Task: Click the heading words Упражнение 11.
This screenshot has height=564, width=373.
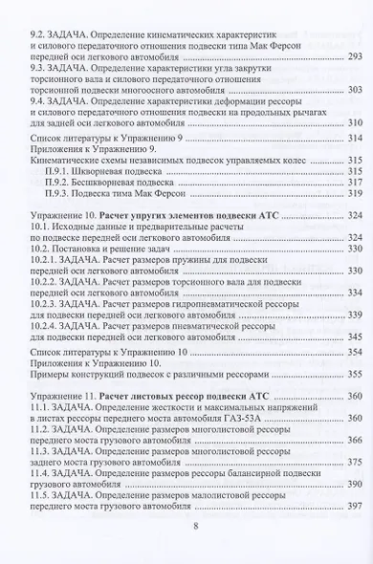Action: pyautogui.click(x=63, y=394)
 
